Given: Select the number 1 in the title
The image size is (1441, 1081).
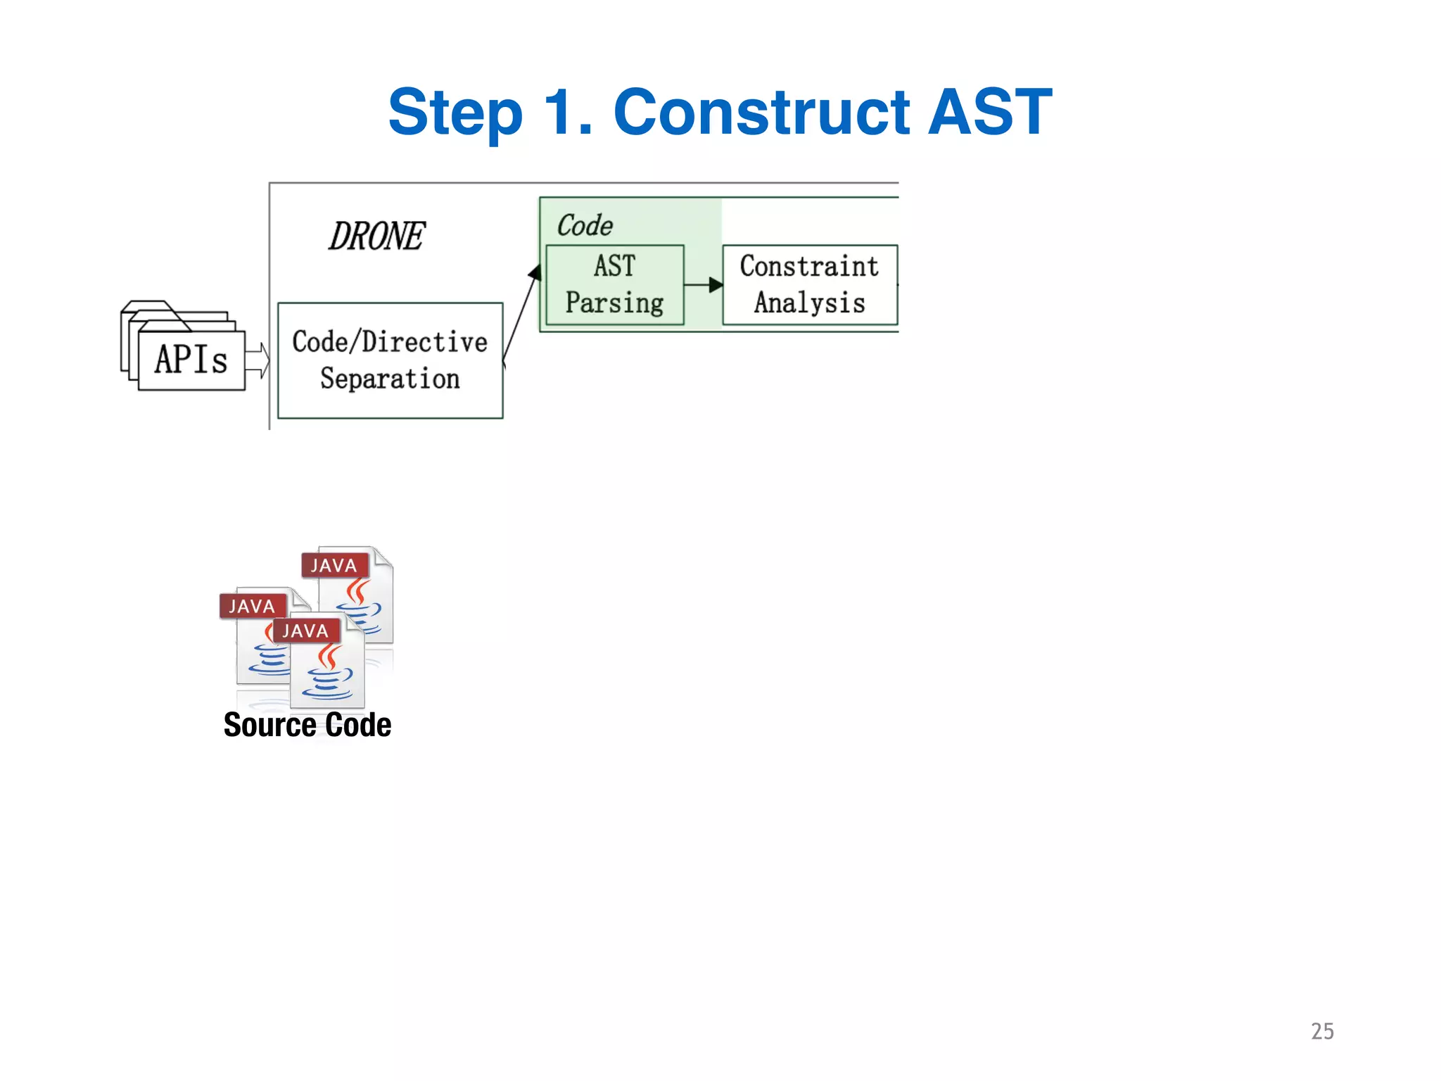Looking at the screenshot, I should [x=563, y=113].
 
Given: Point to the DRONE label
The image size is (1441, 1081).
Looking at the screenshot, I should [x=376, y=236].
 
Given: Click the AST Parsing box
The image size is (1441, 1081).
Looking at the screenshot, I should [x=614, y=285].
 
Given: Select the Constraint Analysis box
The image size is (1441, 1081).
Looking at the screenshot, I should [x=809, y=285].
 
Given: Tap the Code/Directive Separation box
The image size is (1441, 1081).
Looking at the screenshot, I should [x=390, y=360].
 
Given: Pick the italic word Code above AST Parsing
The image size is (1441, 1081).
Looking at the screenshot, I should [x=584, y=225].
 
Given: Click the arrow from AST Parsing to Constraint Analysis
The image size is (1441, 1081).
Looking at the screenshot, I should [x=703, y=285].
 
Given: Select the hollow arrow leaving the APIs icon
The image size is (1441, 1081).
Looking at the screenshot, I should [x=258, y=361].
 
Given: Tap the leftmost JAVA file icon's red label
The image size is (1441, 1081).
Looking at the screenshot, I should [x=252, y=606].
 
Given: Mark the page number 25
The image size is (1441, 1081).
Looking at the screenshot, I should [x=1322, y=1031].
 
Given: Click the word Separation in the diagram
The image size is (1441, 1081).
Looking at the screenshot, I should [x=390, y=379].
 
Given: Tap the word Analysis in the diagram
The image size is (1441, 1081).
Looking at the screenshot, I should [x=809, y=303].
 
